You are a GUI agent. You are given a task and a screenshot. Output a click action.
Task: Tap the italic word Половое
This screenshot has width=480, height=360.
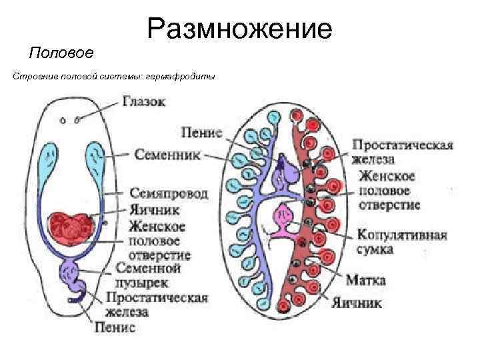click(61, 53)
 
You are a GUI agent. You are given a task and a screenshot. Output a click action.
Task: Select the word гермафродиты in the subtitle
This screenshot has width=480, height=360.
click(189, 77)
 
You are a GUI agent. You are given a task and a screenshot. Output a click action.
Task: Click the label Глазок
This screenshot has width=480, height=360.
click(144, 101)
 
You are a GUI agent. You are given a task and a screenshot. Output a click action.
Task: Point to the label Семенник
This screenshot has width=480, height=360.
click(169, 153)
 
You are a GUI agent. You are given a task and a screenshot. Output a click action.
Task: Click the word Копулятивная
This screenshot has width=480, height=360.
click(402, 235)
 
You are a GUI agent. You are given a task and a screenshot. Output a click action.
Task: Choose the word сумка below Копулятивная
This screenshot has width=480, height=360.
click(375, 250)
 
